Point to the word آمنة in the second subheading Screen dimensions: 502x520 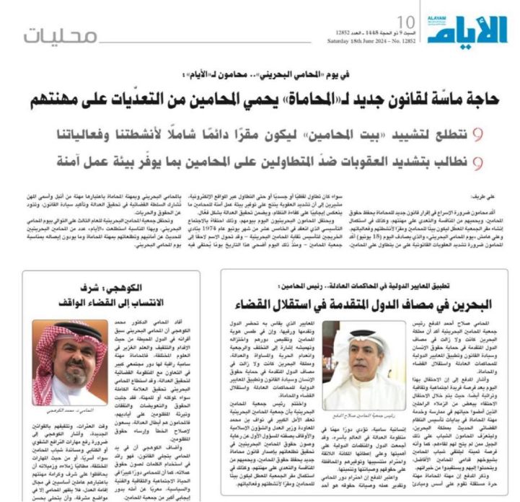(86, 163)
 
